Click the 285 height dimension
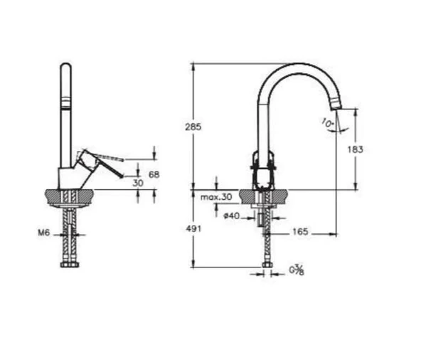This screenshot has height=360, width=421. coord(193,127)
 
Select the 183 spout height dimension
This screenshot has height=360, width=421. coord(356,149)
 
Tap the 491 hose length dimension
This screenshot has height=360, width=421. coord(193,229)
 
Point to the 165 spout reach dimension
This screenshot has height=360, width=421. coord(299,232)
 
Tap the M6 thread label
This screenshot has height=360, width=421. coord(44,232)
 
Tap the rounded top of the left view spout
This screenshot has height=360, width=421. coord(65,68)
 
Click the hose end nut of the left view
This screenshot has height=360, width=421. coord(70,265)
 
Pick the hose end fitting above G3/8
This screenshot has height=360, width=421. coord(267,265)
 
